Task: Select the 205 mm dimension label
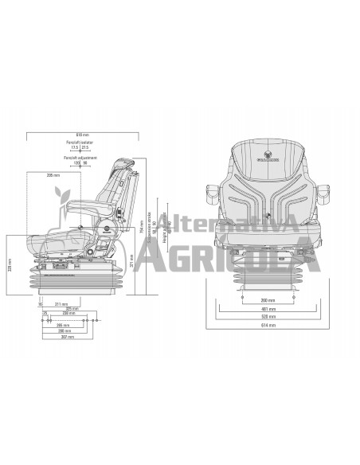[53, 175]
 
